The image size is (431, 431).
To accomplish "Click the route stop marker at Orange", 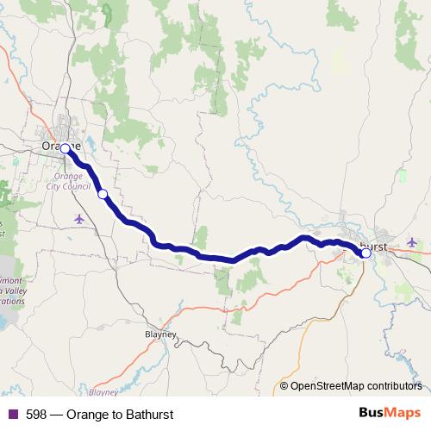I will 65,148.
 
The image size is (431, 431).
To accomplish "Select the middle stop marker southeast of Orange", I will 103,194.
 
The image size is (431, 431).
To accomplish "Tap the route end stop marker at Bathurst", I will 366,253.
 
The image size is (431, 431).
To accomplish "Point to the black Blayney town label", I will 159,334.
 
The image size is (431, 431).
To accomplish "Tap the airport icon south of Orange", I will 80,218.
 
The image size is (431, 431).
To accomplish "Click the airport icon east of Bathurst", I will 411,242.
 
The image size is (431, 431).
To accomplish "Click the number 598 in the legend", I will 37,415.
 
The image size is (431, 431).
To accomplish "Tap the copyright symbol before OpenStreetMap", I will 284,386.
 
